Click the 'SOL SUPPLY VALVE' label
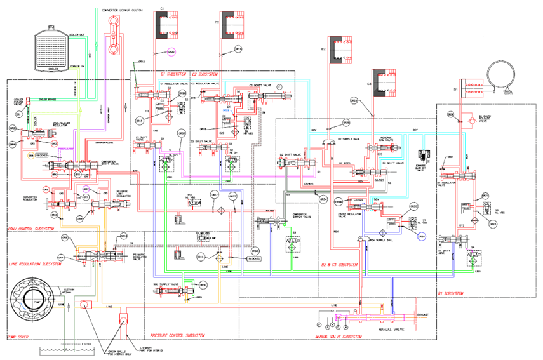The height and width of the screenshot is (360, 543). point(163,285)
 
